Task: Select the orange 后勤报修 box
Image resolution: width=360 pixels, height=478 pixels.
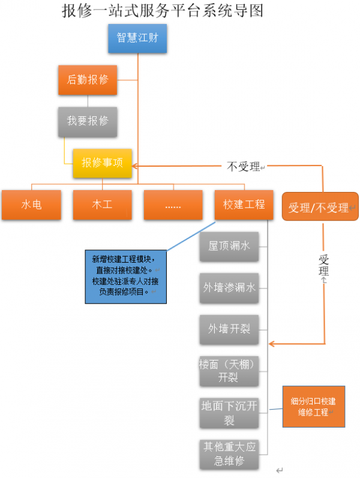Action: click(x=88, y=80)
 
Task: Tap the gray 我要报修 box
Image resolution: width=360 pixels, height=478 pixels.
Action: click(x=88, y=121)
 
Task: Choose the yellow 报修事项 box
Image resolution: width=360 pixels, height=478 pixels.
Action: click(x=103, y=163)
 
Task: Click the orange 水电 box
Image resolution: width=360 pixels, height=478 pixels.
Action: click(x=31, y=205)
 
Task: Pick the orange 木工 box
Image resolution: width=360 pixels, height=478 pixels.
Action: click(x=102, y=205)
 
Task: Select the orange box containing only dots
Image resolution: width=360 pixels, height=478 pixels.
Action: click(x=173, y=205)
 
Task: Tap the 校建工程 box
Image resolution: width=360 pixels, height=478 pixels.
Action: click(x=244, y=205)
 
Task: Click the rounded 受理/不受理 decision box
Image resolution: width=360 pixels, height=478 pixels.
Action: click(x=320, y=208)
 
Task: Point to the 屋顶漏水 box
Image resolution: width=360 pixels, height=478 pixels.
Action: click(x=229, y=246)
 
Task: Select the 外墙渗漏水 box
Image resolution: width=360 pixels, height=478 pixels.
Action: click(x=229, y=288)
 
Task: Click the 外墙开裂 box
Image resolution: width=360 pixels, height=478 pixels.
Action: click(x=229, y=329)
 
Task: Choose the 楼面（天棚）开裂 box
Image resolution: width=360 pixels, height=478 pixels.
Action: click(x=229, y=371)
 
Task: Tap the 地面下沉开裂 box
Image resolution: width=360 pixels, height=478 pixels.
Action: click(x=229, y=413)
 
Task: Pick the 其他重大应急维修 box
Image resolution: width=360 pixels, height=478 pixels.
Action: click(x=229, y=454)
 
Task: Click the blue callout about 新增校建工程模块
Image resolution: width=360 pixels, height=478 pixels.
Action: click(x=125, y=275)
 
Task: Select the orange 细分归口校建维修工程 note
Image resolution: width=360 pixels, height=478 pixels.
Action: click(x=313, y=407)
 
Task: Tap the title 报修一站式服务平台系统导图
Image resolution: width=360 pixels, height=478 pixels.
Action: click(x=163, y=11)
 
